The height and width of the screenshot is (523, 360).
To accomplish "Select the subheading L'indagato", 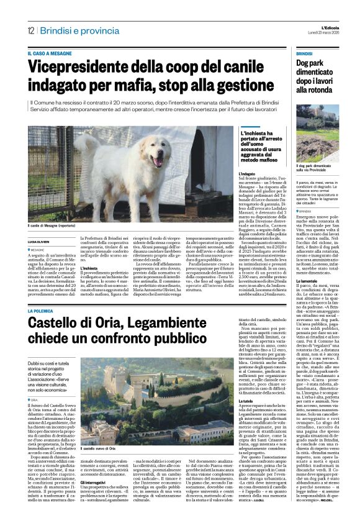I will (x=247, y=175).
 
